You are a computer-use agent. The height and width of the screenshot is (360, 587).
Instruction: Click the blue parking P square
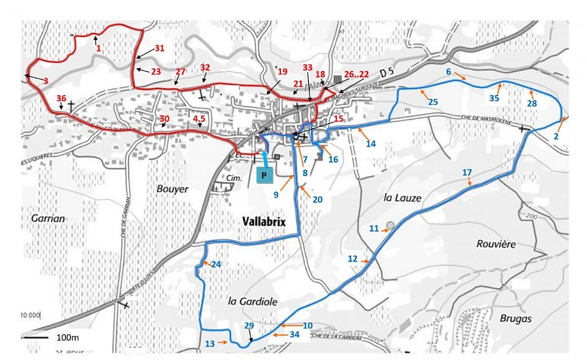coord(265,175)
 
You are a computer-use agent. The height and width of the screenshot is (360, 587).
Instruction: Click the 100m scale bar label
coord(67,337)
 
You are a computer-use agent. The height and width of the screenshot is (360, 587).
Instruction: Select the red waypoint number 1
coord(98,48)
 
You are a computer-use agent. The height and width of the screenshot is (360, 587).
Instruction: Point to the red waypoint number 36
coord(62,99)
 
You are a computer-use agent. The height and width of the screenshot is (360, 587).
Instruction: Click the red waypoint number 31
coord(160,48)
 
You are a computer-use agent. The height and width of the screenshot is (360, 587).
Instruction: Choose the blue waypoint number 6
coord(447,71)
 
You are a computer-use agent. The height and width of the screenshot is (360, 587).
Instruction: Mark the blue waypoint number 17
coord(466,172)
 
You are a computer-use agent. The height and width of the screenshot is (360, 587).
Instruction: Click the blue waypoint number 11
coord(374,229)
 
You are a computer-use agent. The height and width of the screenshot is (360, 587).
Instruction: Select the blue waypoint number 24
coord(216,264)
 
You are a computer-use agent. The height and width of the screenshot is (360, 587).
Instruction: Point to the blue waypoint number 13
coord(210,343)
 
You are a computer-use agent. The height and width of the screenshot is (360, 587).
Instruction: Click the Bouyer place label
coord(172,188)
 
